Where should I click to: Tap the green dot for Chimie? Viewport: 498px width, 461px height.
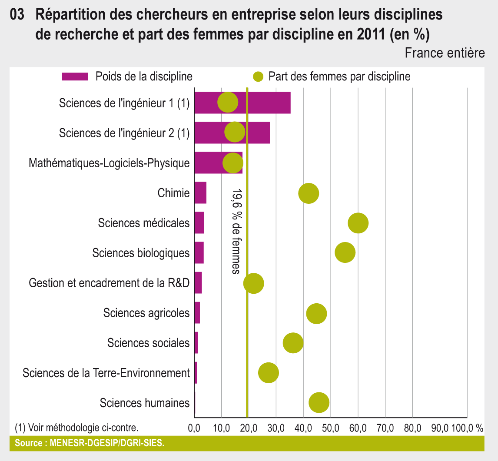click(309, 193)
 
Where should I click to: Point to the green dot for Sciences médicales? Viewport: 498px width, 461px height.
click(358, 223)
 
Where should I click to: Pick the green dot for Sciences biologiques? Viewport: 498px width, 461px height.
click(345, 252)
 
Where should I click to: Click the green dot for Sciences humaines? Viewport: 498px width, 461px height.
click(319, 403)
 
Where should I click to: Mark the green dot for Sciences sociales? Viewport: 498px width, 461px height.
click(293, 343)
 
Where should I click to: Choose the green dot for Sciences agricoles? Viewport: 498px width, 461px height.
click(316, 313)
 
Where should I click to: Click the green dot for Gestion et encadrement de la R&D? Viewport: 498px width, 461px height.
click(254, 283)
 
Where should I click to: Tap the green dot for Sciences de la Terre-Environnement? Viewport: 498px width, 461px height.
click(269, 373)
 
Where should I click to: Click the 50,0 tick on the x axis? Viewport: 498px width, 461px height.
click(331, 428)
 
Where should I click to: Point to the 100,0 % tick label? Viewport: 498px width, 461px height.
click(467, 428)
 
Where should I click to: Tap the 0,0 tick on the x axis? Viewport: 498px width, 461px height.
click(194, 428)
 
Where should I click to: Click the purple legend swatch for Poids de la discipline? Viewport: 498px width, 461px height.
click(75, 77)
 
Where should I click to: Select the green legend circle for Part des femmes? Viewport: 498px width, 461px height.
click(258, 77)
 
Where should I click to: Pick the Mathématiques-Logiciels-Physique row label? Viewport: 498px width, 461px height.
click(109, 163)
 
